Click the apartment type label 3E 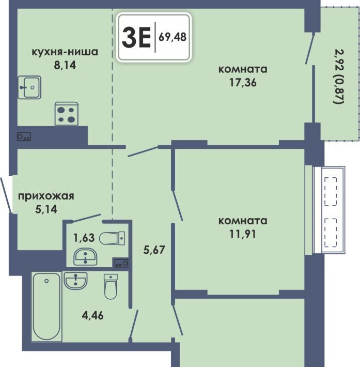(x=136, y=37)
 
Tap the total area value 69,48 (x=173, y=37)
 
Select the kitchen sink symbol (x=29, y=87)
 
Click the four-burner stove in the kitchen (x=67, y=114)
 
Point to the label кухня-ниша (x=65, y=52)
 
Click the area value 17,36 (x=243, y=82)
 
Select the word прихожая (x=46, y=196)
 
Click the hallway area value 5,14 (x=46, y=209)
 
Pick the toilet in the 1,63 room (x=112, y=238)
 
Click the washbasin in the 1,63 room (x=85, y=257)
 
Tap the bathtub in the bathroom (x=46, y=307)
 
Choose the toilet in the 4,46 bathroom (x=111, y=286)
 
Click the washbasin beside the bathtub (x=75, y=280)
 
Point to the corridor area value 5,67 (x=154, y=250)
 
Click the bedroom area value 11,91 (x=243, y=234)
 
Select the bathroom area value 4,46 (x=92, y=315)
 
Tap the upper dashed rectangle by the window (x=331, y=191)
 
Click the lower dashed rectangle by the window (x=331, y=233)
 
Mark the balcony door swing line (x=310, y=48)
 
